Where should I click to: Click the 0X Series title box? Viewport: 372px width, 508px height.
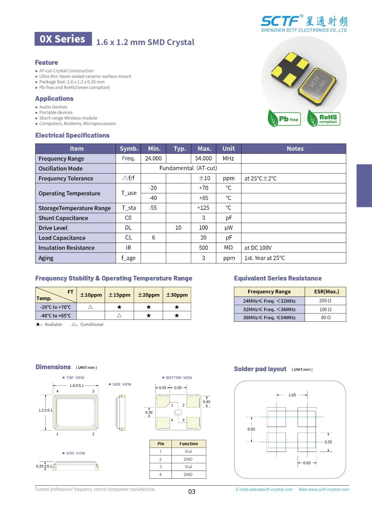click(x=63, y=39)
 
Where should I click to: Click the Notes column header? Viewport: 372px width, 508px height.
click(x=295, y=149)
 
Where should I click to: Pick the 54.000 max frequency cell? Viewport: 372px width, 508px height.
click(x=203, y=158)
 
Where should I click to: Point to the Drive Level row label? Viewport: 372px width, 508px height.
click(x=53, y=228)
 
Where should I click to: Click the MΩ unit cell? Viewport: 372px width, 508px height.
click(x=228, y=248)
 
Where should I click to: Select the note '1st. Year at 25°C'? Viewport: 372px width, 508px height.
click(x=265, y=258)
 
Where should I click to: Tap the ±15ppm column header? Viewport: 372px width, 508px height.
click(x=119, y=295)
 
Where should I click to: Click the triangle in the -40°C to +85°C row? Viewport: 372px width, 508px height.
click(x=119, y=315)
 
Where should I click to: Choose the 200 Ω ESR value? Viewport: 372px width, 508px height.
click(x=325, y=301)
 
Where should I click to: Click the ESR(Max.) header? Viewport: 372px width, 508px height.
click(x=326, y=292)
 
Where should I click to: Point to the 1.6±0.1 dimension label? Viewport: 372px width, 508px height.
click(x=76, y=385)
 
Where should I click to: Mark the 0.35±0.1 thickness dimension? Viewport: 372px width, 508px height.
click(x=44, y=466)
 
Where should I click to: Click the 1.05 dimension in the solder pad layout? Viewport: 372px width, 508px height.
click(x=292, y=395)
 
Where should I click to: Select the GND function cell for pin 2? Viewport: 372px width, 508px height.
click(x=188, y=459)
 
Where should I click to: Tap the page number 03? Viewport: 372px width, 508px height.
click(x=192, y=492)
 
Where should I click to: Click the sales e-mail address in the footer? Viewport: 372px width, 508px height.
click(x=264, y=489)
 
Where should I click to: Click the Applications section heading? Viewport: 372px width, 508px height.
click(x=54, y=99)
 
